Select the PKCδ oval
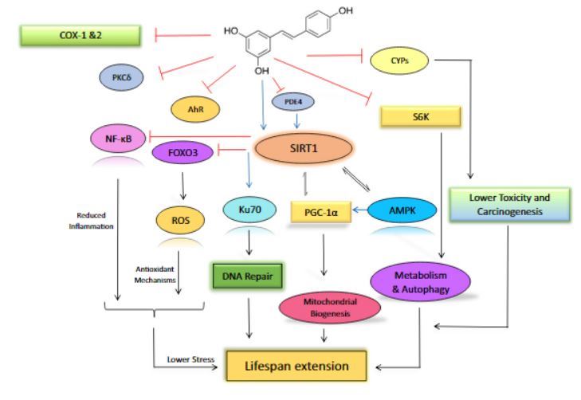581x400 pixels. pos(121,77)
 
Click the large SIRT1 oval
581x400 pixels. pos(302,147)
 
